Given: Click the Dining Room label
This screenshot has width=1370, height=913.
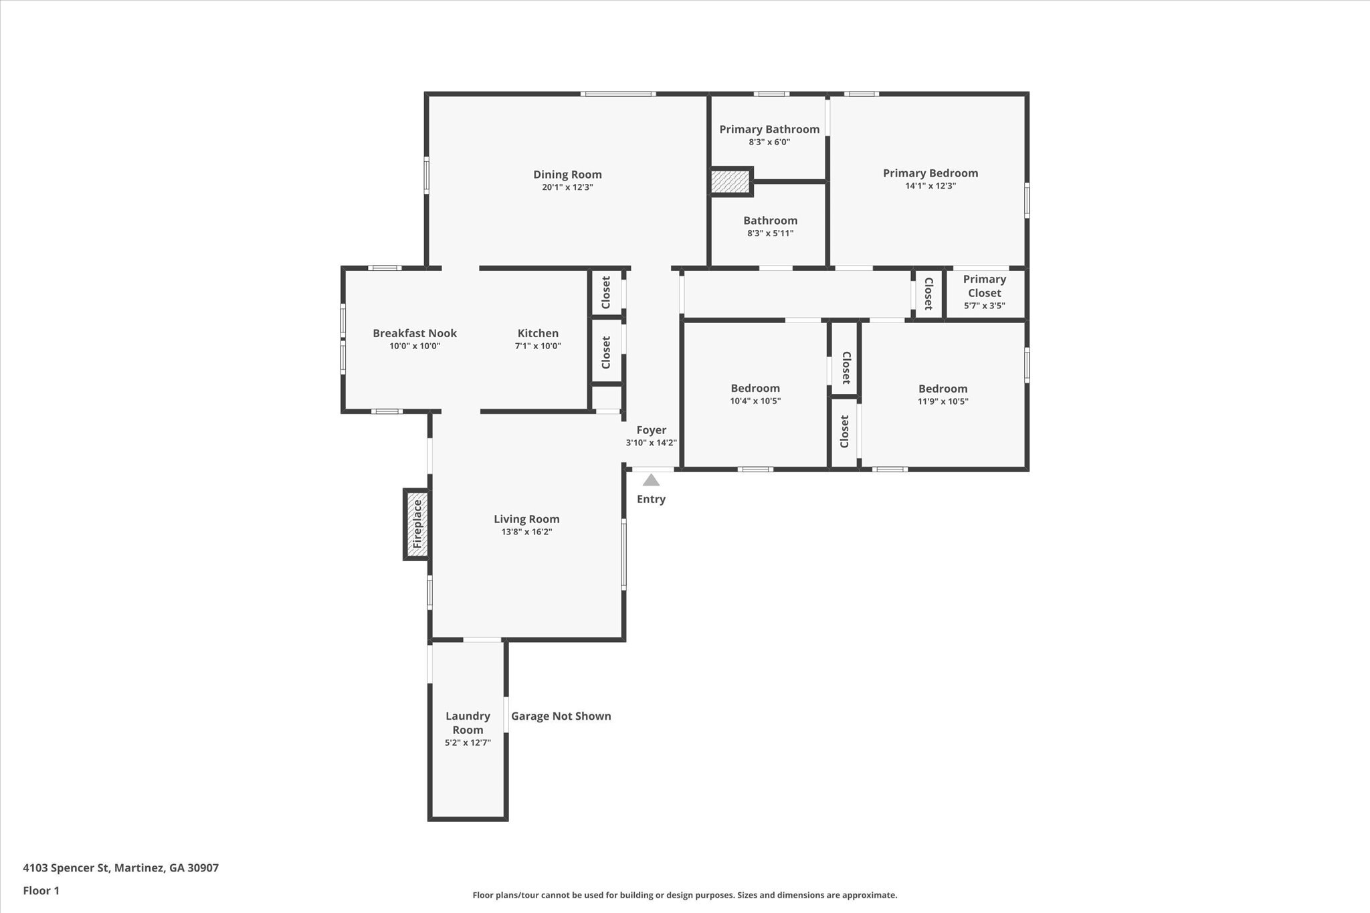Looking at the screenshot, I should [x=567, y=175].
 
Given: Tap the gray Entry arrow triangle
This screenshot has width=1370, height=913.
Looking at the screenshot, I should [x=651, y=480].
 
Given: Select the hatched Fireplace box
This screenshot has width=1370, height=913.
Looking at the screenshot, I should [x=417, y=524].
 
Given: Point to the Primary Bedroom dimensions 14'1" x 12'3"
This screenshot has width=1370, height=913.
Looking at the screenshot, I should [x=930, y=186].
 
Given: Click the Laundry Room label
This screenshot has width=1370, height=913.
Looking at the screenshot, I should [x=468, y=722].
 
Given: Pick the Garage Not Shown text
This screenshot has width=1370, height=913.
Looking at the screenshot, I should [x=561, y=716].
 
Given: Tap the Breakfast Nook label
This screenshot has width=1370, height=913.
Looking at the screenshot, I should [x=415, y=333].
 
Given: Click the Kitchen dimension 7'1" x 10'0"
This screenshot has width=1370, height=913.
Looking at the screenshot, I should [x=538, y=346].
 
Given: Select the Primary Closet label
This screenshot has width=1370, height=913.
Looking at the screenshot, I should [x=984, y=286].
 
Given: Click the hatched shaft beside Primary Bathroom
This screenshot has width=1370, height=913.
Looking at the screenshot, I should [x=730, y=181].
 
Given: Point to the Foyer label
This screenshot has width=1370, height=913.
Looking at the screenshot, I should [x=651, y=430].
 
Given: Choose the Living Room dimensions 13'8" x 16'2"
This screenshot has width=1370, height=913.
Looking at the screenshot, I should [x=526, y=532].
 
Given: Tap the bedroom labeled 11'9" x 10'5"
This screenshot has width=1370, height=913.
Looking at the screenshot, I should [x=943, y=389].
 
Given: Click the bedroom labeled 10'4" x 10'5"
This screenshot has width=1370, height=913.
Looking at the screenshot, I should [x=755, y=388].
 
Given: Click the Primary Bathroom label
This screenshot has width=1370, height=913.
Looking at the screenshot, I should [x=769, y=129].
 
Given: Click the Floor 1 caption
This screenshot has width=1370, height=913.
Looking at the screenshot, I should [x=41, y=890].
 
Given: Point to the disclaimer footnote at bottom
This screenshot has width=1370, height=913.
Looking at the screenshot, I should [x=684, y=895].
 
